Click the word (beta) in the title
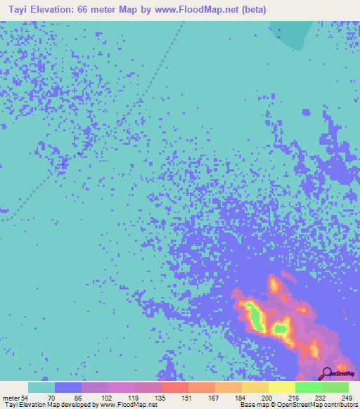tap(252, 10)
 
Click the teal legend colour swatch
tap(41, 387)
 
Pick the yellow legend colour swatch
tap(282, 387)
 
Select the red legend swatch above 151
tap(175, 387)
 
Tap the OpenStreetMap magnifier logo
tap(328, 375)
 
